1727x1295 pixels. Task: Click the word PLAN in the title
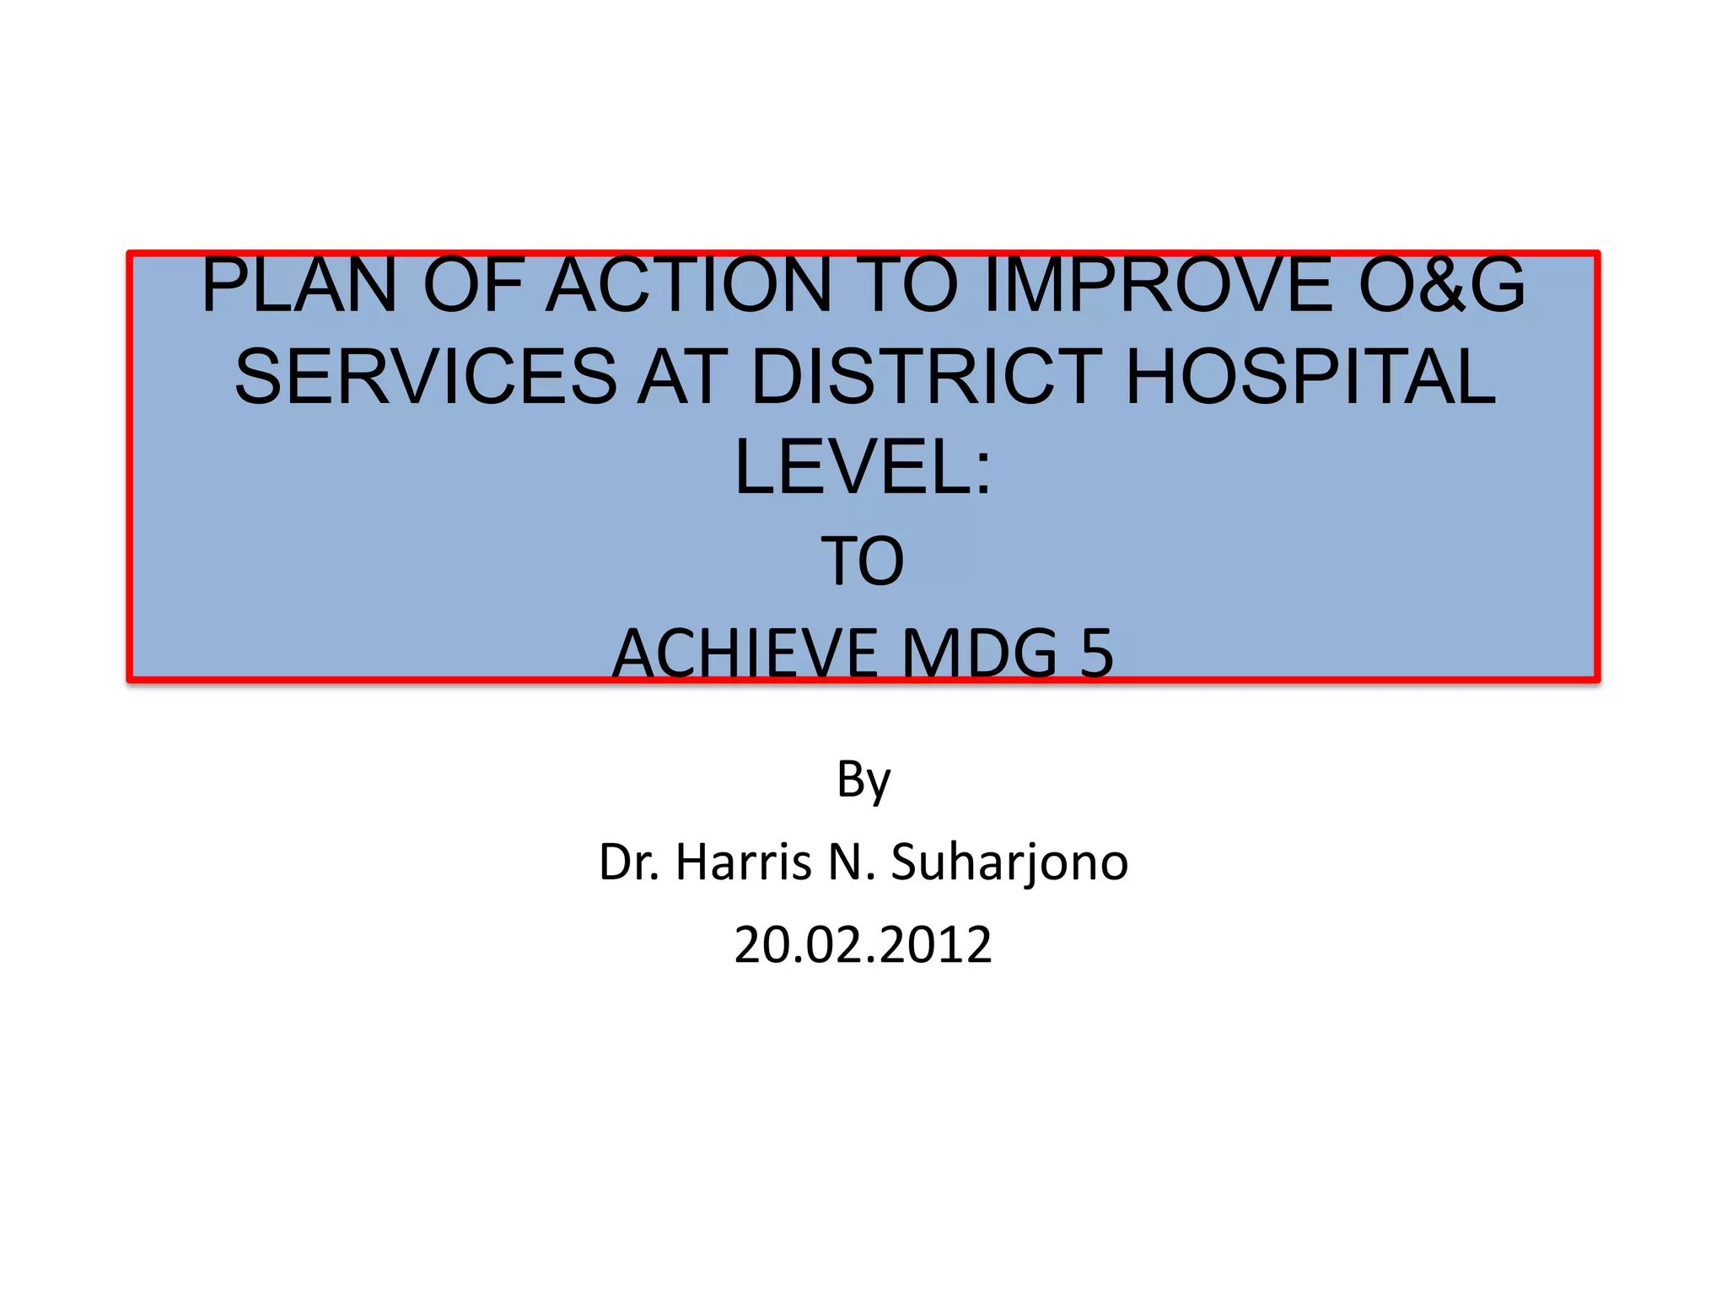pyautogui.click(x=299, y=286)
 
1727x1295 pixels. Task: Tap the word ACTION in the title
pyautogui.click(x=689, y=286)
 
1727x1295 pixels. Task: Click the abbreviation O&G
pyautogui.click(x=1441, y=286)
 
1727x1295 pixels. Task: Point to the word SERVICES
pyautogui.click(x=426, y=377)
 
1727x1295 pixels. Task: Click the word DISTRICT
pyautogui.click(x=926, y=377)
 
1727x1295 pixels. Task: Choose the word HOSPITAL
pyautogui.click(x=1310, y=377)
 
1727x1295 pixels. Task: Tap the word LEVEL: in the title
pyautogui.click(x=863, y=469)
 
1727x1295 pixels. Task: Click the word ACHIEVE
pyautogui.click(x=745, y=653)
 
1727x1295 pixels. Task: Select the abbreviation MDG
pyautogui.click(x=979, y=653)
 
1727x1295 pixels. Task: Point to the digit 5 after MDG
pyautogui.click(x=1096, y=653)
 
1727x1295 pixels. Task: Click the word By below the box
pyautogui.click(x=863, y=780)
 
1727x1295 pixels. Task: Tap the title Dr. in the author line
pyautogui.click(x=629, y=862)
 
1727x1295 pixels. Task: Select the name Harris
pyautogui.click(x=743, y=862)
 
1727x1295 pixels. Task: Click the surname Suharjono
pyautogui.click(x=1009, y=862)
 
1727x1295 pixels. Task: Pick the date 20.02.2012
pyautogui.click(x=863, y=945)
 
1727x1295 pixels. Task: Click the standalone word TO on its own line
pyautogui.click(x=863, y=562)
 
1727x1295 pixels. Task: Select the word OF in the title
pyautogui.click(x=473, y=286)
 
